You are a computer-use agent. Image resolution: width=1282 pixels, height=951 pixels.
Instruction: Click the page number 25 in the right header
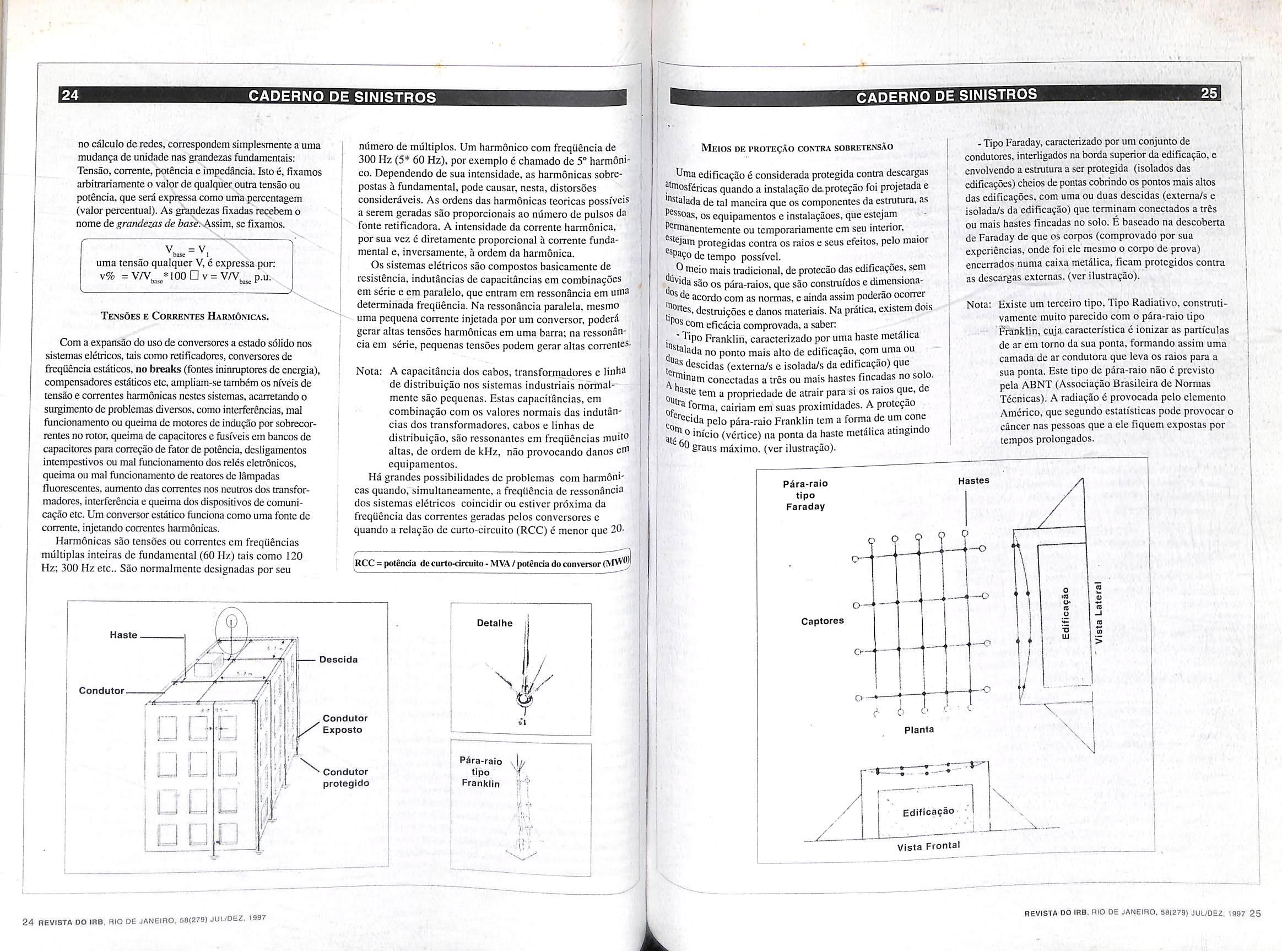[x=1209, y=93]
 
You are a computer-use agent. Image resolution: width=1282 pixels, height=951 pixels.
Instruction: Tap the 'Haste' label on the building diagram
[x=124, y=635]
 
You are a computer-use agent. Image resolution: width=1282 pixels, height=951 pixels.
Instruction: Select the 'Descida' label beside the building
[x=338, y=659]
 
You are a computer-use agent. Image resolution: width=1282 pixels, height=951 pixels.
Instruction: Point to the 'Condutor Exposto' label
[x=345, y=723]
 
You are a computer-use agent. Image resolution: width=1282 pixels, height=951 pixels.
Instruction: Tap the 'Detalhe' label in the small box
[x=495, y=623]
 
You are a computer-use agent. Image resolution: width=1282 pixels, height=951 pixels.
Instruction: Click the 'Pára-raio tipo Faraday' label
[x=805, y=495]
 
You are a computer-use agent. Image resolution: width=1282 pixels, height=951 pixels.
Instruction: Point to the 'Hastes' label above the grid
[x=973, y=480]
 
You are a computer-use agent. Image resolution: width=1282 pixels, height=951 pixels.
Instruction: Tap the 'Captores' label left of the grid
[x=822, y=621]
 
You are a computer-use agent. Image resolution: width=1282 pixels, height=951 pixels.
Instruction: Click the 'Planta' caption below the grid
[x=919, y=730]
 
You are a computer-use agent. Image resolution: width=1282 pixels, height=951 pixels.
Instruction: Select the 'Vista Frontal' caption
[x=928, y=846]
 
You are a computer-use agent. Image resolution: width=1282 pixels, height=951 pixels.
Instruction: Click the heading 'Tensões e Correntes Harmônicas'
[x=185, y=316]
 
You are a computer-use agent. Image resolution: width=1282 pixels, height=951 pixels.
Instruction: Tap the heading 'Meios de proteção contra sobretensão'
[x=797, y=147]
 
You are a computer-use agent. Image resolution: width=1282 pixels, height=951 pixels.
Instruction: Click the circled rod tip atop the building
[x=231, y=622]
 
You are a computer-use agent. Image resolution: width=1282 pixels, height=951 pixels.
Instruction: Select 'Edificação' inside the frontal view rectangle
[x=928, y=812]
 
